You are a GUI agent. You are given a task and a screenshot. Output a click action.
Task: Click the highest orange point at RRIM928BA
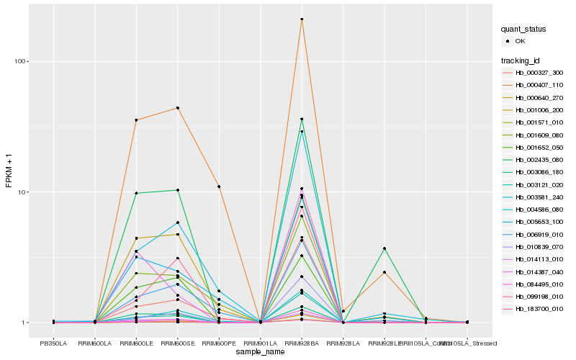(x=302, y=19)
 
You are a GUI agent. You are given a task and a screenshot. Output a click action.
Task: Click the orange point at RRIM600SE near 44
(x=177, y=108)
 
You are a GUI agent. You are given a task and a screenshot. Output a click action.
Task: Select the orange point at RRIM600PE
(x=219, y=186)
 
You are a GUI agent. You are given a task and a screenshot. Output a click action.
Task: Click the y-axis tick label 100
(x=19, y=61)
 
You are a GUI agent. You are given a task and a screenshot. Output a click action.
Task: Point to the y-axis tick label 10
(x=22, y=192)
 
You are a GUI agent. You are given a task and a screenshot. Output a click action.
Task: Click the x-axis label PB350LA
(x=53, y=343)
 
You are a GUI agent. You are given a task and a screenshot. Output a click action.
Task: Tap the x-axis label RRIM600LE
(x=136, y=343)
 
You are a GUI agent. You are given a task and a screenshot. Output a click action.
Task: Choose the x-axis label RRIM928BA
(x=302, y=343)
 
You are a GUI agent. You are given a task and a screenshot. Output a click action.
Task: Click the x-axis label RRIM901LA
(x=260, y=343)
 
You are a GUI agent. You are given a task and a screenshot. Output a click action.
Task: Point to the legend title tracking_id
(x=521, y=60)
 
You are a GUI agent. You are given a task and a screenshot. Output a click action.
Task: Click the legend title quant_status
(x=524, y=30)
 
